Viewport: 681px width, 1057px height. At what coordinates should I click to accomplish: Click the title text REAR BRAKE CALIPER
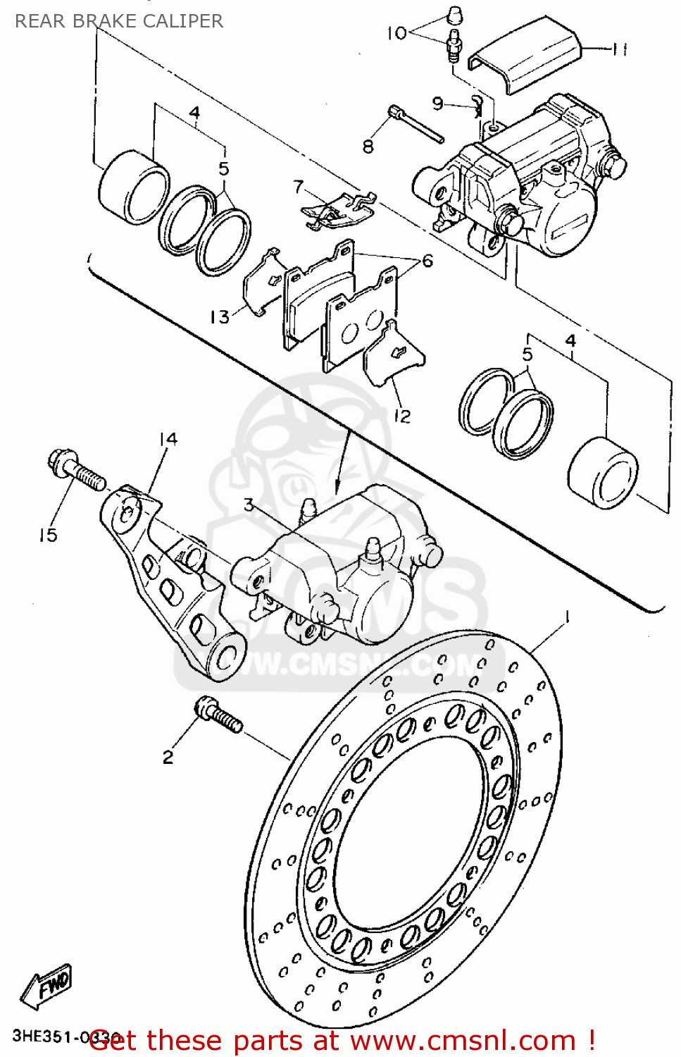pos(118,21)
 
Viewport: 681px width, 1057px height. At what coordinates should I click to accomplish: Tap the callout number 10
pos(396,32)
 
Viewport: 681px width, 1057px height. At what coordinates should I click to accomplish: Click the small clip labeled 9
pos(478,105)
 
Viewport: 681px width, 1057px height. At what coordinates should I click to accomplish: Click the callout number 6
pos(427,261)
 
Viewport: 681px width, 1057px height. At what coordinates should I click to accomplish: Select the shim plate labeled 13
pos(261,282)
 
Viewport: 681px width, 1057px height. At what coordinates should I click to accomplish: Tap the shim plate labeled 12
pos(393,356)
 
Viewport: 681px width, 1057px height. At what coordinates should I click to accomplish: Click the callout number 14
pos(168,439)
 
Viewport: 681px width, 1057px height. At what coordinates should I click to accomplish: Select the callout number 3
pos(249,505)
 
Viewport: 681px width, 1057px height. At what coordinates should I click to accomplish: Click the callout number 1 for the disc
pos(566,617)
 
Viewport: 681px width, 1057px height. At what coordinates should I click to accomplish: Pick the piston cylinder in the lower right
pos(603,472)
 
